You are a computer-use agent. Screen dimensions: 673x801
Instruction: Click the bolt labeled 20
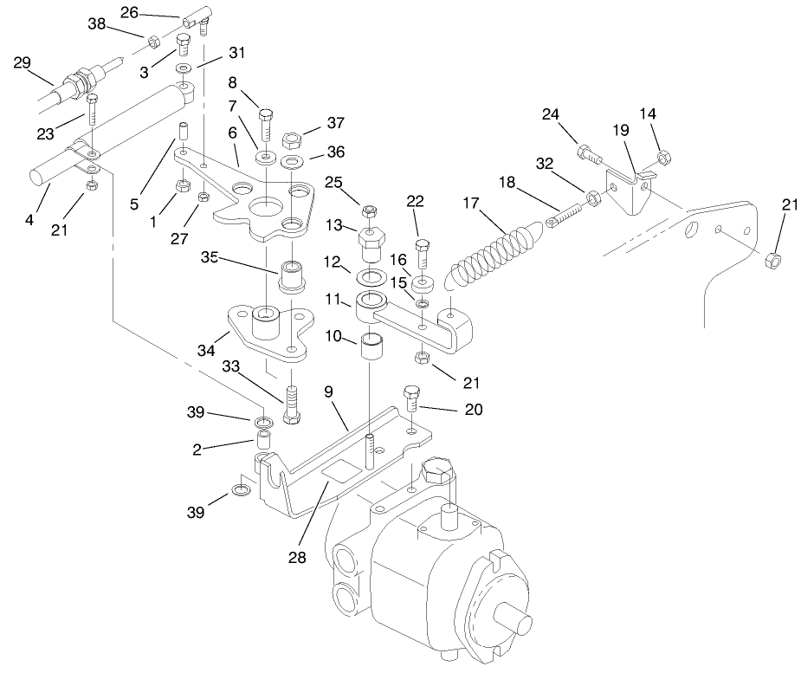tap(410, 400)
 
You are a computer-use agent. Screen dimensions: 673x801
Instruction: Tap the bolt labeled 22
tap(422, 255)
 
